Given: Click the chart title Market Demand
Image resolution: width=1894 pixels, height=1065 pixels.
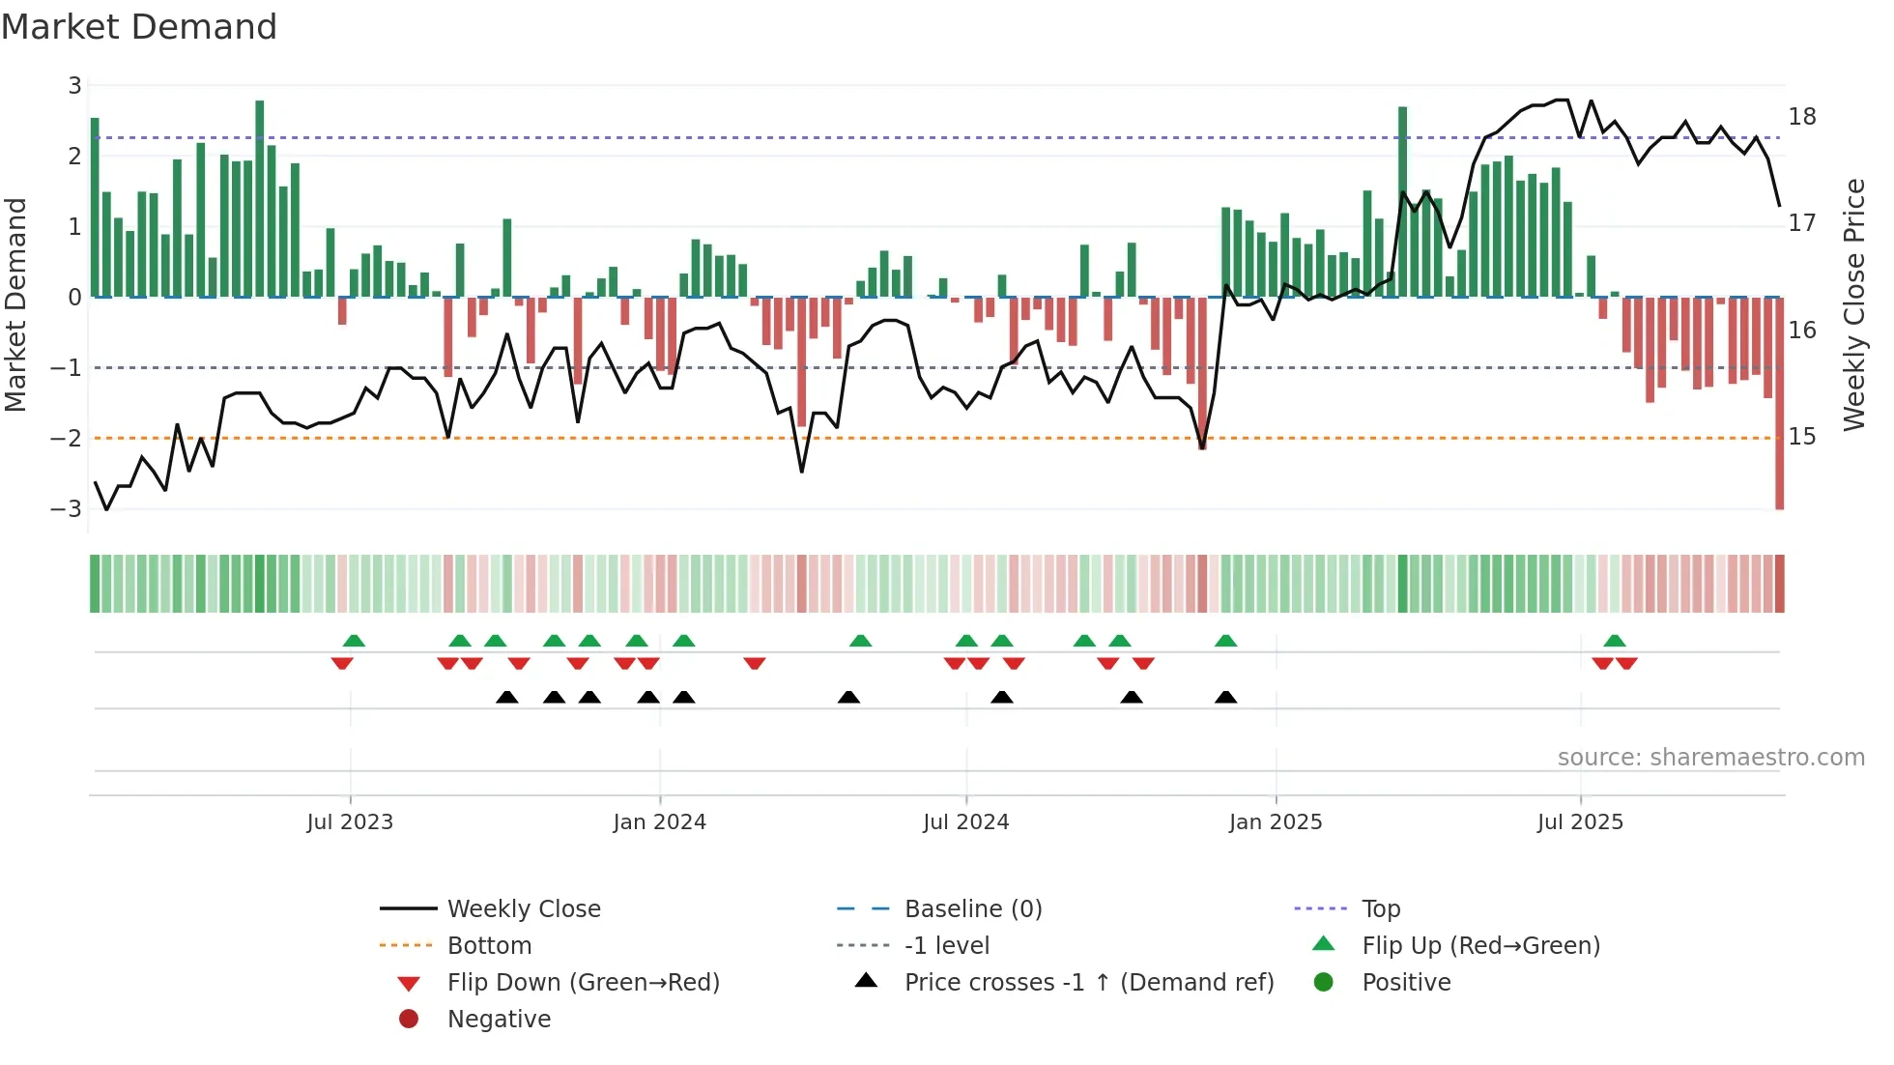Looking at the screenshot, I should point(139,27).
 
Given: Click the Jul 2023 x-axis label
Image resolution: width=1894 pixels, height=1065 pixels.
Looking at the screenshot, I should point(350,821).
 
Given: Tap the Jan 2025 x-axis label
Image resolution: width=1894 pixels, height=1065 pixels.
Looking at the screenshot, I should point(1276,821).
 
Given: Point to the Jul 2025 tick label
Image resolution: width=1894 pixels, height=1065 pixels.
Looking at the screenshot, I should point(1580,821).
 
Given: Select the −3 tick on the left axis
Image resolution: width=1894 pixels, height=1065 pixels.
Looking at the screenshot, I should point(67,508).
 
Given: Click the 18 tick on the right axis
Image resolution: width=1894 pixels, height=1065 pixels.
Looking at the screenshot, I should point(1802,117).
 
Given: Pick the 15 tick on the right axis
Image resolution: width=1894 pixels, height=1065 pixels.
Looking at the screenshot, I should point(1802,437).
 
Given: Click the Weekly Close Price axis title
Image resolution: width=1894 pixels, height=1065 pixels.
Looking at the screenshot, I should point(1853,304).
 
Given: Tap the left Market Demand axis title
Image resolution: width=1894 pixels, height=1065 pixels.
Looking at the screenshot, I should point(15,304).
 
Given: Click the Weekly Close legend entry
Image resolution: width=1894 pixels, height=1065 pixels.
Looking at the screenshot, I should point(523,908).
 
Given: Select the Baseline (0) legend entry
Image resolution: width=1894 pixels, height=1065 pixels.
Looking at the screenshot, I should point(972,908).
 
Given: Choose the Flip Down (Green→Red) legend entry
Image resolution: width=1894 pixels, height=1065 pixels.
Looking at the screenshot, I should point(583,982).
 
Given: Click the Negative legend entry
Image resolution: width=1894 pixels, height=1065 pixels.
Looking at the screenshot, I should point(499,1019).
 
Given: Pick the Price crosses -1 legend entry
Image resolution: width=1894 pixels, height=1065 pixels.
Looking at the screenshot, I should point(1088,982).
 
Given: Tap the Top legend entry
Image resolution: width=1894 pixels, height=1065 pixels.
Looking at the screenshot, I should point(1381,908).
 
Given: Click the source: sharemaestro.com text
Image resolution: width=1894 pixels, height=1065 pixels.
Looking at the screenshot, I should point(1710,757).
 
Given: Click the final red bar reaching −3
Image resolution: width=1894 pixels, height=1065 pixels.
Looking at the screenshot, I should point(1779,406).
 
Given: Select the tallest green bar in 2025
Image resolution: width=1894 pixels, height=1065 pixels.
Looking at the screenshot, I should point(1402,203).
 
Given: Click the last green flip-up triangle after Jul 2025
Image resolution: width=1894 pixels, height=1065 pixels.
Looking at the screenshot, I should point(1615,641).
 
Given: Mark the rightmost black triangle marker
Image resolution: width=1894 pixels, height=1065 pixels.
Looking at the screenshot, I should point(1225,698).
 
